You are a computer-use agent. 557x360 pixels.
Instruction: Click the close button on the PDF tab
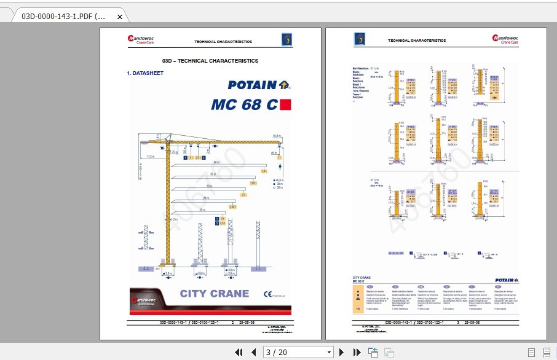tap(119, 17)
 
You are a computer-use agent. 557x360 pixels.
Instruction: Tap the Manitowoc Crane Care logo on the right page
tap(505, 39)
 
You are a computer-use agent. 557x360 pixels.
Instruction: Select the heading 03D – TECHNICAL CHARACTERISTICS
tap(210, 61)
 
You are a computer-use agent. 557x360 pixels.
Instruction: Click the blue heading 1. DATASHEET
tap(145, 73)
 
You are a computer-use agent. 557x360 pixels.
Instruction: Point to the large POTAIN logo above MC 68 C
tap(259, 85)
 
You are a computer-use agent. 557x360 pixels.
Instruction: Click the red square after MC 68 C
tap(285, 104)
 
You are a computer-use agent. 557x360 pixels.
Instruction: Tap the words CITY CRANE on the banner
tap(215, 294)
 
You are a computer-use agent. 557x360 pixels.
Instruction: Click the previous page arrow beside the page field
tap(253, 352)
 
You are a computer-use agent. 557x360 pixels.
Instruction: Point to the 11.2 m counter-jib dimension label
tap(151, 156)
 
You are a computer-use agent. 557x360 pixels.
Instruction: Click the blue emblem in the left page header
tap(286, 39)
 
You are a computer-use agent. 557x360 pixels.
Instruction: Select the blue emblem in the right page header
tap(358, 39)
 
